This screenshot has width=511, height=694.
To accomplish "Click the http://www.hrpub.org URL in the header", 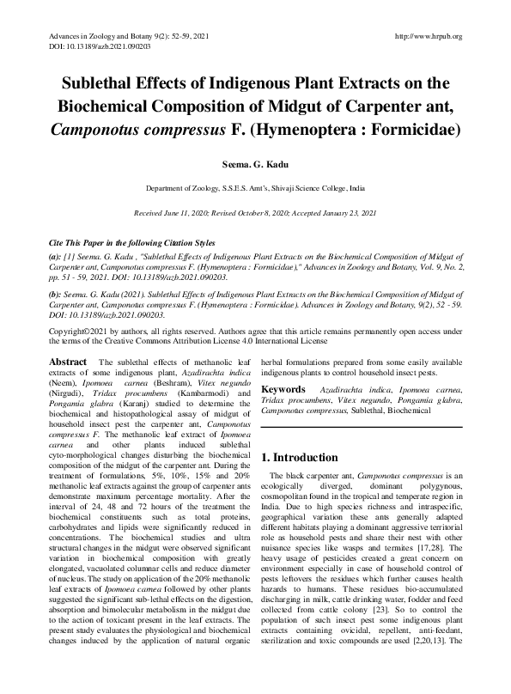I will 428,36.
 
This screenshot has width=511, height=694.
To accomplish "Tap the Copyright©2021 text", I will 82,330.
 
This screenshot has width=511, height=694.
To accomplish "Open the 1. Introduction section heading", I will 299,457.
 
